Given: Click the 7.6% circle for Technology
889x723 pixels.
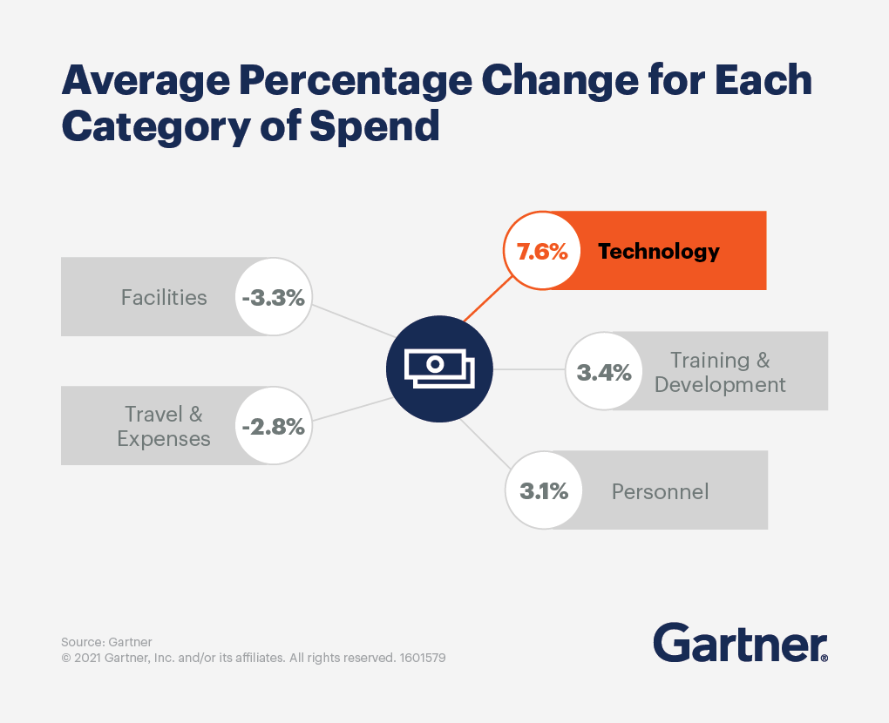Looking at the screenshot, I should coord(542,251).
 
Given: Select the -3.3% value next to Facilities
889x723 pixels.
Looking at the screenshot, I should coord(274,297).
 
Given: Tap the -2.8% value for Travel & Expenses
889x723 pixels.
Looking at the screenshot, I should coord(274,426).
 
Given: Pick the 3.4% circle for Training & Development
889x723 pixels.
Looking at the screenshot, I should coord(604,371).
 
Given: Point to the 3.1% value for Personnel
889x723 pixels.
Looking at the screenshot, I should coord(544,490).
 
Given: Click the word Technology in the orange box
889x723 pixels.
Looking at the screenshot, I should coord(659,252).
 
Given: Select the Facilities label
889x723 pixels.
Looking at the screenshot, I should coord(164,297).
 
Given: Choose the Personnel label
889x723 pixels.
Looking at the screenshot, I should coord(660,491).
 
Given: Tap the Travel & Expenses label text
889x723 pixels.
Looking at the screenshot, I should coord(164,426).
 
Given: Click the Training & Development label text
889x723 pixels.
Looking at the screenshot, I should coord(720,372).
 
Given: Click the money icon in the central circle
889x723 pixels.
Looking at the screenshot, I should coord(439,369).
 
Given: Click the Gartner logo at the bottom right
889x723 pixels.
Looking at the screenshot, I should coord(740,643).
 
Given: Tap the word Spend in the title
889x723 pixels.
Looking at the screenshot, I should coord(375,126).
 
